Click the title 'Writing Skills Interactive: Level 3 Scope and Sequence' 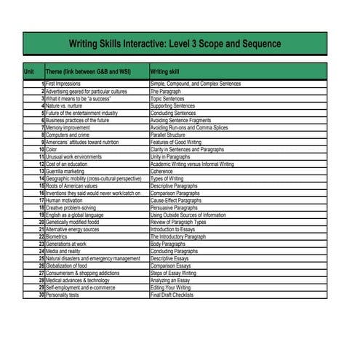pyautogui.click(x=175, y=44)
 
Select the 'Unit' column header pyautogui.click(x=29, y=72)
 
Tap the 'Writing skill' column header pyautogui.click(x=164, y=72)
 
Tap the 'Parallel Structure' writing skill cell pyautogui.click(x=167, y=135)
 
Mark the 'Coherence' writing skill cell pyautogui.click(x=161, y=172)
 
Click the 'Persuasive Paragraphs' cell pyautogui.click(x=173, y=208)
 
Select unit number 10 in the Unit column pyautogui.click(x=41, y=150)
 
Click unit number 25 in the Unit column pyautogui.click(x=41, y=259)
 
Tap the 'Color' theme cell pyautogui.click(x=52, y=150)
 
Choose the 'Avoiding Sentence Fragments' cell pyautogui.click(x=180, y=121)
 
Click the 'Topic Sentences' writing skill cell pyautogui.click(x=167, y=99)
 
